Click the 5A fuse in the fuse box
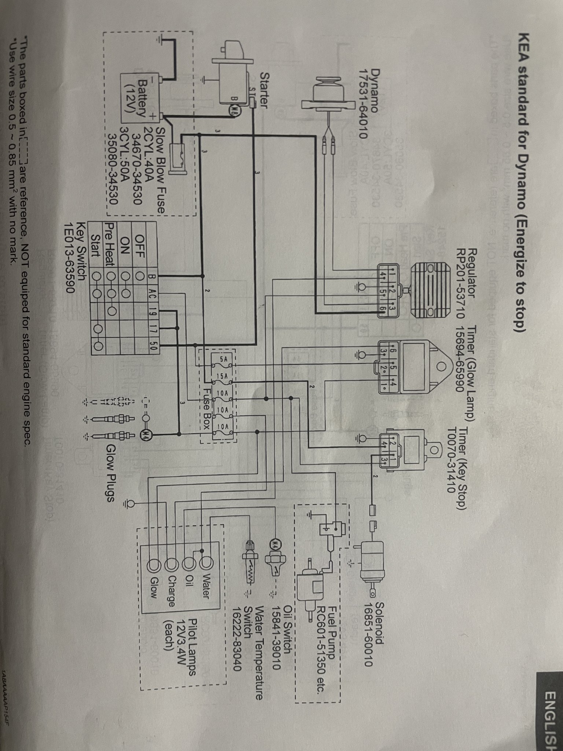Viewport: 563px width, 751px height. pos(223,359)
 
